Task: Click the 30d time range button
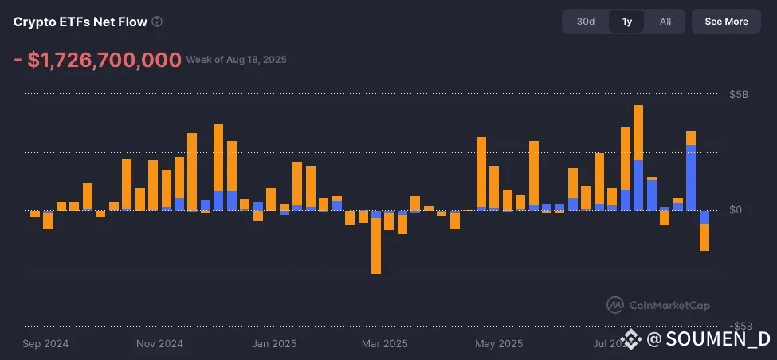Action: (x=586, y=22)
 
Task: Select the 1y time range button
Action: (x=627, y=22)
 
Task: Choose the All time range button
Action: (x=665, y=22)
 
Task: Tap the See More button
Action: (x=726, y=22)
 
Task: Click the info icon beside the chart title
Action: (x=157, y=22)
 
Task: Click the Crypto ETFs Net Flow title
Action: (x=80, y=22)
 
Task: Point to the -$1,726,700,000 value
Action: (x=96, y=60)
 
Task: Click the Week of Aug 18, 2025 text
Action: (x=237, y=60)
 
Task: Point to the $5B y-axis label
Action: (x=739, y=95)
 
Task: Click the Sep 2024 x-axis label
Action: (x=45, y=344)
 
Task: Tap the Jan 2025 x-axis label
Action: (x=274, y=344)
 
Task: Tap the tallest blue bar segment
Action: (x=690, y=177)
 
